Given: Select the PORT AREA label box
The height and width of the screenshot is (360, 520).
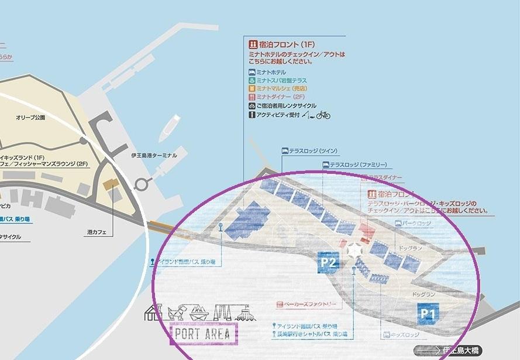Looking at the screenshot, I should coord(203,334).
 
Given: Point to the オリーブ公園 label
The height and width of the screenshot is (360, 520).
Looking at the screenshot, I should coord(30,118).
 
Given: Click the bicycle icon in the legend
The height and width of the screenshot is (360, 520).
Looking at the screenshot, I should coord(323,115).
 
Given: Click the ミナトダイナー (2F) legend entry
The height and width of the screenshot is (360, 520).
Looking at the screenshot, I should coord(280,97).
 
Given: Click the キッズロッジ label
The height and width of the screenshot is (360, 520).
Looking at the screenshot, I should coord(398,335).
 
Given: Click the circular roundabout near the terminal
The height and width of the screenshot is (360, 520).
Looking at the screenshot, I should coord(141,185).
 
